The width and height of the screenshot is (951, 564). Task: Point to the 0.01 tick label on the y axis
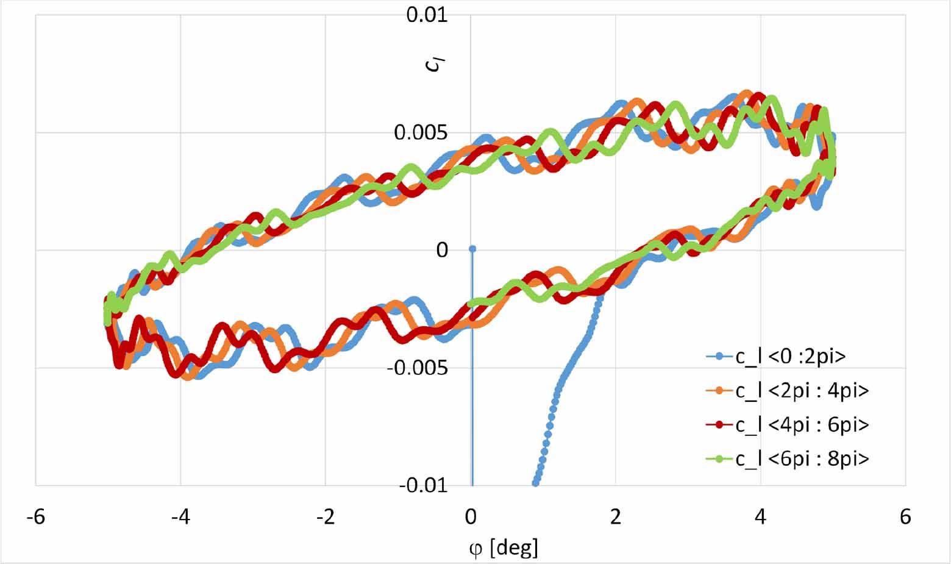click(x=427, y=14)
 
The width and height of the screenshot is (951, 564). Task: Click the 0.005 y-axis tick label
click(x=421, y=132)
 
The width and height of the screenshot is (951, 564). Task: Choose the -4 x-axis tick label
click(x=180, y=518)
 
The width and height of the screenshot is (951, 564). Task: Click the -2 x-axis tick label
click(x=326, y=518)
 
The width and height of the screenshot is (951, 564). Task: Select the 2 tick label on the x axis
click(x=616, y=518)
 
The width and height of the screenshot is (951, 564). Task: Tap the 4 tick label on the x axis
click(x=761, y=518)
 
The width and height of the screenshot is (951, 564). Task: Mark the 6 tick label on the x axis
click(x=905, y=518)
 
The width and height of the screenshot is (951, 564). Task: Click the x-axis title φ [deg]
click(x=504, y=548)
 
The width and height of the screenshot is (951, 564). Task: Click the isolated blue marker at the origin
click(x=472, y=249)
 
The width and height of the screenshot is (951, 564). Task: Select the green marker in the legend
click(x=719, y=459)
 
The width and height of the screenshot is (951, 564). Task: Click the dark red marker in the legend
click(x=719, y=425)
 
